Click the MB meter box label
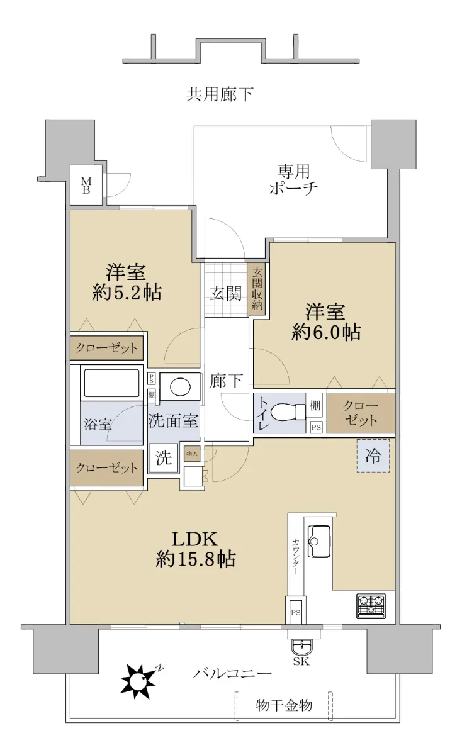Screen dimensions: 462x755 (86, 186)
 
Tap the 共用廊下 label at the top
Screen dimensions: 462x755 (220, 94)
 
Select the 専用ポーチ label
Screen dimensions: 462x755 (294, 179)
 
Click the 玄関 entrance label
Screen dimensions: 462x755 (225, 294)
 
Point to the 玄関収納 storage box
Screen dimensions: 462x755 (257, 289)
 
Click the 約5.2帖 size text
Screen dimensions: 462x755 (127, 293)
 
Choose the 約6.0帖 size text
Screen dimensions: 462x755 (327, 332)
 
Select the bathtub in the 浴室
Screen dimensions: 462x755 (111, 383)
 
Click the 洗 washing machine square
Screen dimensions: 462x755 (164, 458)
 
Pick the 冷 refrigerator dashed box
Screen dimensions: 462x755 (373, 456)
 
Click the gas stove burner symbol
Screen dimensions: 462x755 (371, 607)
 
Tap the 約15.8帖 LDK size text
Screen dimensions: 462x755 (196, 559)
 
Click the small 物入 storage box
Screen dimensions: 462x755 (192, 454)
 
